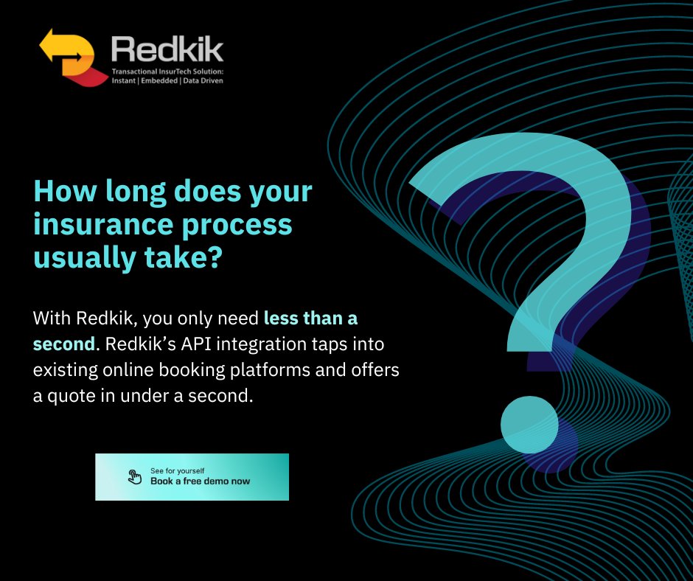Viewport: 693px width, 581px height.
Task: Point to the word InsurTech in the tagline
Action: tap(174, 72)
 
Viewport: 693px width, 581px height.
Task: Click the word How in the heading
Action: tap(58, 192)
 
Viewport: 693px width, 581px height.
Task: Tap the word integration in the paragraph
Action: tap(262, 344)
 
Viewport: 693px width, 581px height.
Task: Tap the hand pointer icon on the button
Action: tap(135, 477)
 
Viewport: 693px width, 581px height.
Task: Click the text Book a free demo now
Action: tap(200, 481)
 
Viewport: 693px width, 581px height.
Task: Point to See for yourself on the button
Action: tap(177, 470)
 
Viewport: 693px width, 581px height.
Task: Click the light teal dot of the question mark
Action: tap(529, 425)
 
